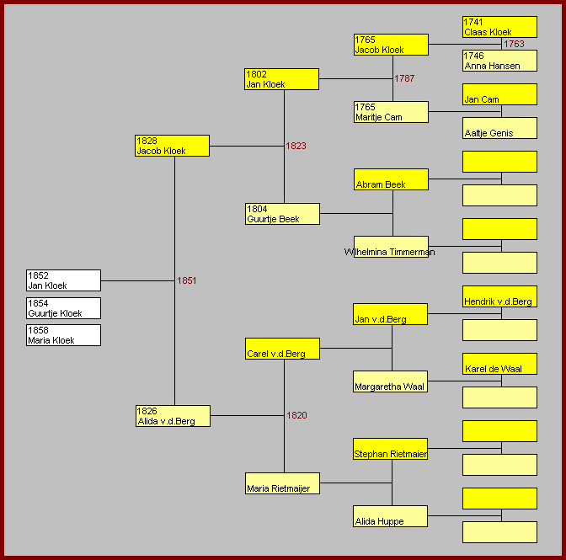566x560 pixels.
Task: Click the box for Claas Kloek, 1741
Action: coord(499,27)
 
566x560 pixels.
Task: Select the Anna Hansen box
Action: coord(499,61)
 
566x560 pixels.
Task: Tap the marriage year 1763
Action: coord(514,44)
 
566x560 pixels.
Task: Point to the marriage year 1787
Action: coord(404,78)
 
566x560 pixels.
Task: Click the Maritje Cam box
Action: coord(391,112)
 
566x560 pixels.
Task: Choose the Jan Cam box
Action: coord(499,94)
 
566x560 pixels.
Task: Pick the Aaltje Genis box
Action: coord(499,128)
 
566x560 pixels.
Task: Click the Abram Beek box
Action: coord(391,179)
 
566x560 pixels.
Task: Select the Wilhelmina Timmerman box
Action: coord(391,247)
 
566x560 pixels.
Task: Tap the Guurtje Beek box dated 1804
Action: coord(282,214)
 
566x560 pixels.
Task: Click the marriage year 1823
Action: coord(296,146)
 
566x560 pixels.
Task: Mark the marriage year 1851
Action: coord(187,280)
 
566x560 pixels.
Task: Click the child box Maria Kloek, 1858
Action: coord(63,335)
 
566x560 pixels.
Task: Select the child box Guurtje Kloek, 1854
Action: coord(63,308)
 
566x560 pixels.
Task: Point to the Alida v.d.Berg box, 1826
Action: coord(173,416)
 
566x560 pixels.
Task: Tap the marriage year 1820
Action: coord(296,415)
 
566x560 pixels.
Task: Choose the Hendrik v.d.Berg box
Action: coord(499,296)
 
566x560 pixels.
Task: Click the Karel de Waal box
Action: coord(499,364)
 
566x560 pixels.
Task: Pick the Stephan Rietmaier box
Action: coord(391,449)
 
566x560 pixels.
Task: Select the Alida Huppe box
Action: coord(391,516)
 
